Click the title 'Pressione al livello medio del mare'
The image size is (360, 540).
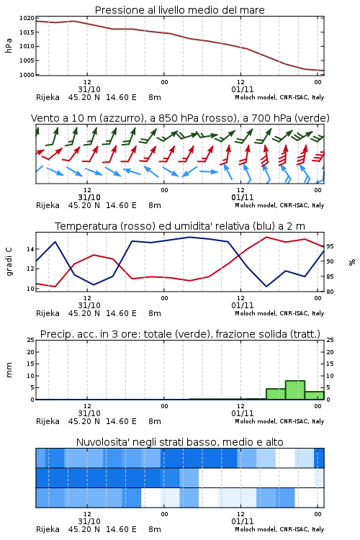coord(179,10)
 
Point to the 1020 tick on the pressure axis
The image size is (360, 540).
coord(27,18)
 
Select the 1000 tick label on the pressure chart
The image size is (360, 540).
coord(27,75)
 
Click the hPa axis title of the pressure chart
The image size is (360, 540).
coord(9,45)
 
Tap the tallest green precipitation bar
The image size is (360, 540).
coord(295,390)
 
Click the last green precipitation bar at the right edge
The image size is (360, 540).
coord(315,395)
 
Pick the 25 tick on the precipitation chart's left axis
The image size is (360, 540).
coord(31,340)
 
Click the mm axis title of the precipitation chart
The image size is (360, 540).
coord(9,370)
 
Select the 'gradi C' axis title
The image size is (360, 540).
coord(9,262)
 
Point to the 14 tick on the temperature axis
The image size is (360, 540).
coord(31,249)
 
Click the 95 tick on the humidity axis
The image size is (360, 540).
coord(330,246)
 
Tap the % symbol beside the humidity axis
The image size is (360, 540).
coord(352,262)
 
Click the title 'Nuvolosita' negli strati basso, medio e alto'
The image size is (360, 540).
coord(179,442)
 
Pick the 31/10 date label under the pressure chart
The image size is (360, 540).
coord(89,89)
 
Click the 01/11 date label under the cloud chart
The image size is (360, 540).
coord(243,521)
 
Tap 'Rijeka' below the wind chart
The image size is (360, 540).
coord(48,206)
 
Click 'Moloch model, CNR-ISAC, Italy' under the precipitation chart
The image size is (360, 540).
coord(279,421)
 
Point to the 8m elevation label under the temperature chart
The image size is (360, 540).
coord(155,313)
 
